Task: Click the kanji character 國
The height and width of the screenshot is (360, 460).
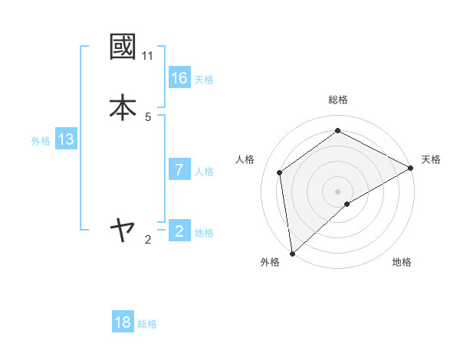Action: pyautogui.click(x=123, y=47)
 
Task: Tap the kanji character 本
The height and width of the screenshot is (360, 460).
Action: pyautogui.click(x=123, y=107)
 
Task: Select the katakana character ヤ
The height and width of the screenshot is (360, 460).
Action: pyautogui.click(x=123, y=229)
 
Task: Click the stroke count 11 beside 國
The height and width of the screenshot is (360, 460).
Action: pyautogui.click(x=147, y=56)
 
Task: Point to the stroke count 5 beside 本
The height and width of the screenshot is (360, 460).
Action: pyautogui.click(x=148, y=117)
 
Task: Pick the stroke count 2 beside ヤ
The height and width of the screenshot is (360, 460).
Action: pyautogui.click(x=148, y=240)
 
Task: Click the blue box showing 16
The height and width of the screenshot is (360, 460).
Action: pyautogui.click(x=179, y=78)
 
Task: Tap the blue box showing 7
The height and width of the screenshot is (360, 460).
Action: pyautogui.click(x=179, y=170)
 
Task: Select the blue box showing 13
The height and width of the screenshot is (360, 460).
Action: pyautogui.click(x=66, y=139)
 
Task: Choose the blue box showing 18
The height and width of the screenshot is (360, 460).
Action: pyautogui.click(x=123, y=322)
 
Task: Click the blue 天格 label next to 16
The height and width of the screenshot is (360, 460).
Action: pyautogui.click(x=204, y=80)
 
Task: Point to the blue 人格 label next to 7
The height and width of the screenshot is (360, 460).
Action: pyautogui.click(x=204, y=172)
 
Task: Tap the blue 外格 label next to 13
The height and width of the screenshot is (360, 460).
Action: pyautogui.click(x=41, y=141)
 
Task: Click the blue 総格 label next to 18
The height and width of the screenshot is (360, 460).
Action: pyautogui.click(x=147, y=324)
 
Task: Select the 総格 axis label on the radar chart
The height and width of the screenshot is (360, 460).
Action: pyautogui.click(x=337, y=100)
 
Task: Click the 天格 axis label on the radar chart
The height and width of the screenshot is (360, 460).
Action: pyautogui.click(x=431, y=159)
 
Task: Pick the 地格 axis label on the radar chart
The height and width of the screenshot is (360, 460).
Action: pyautogui.click(x=402, y=262)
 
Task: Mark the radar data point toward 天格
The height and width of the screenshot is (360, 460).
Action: pyautogui.click(x=411, y=168)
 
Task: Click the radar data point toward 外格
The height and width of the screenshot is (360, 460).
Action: pyautogui.click(x=292, y=253)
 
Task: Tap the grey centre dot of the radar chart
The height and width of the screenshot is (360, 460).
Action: pyautogui.click(x=337, y=191)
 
